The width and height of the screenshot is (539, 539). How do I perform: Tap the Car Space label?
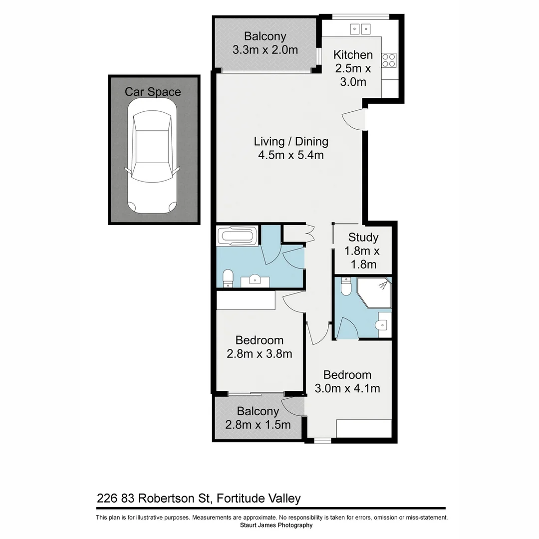(153, 92)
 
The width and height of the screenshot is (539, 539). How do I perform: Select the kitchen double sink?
(360, 29)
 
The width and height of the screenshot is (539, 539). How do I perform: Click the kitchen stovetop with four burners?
(389, 60)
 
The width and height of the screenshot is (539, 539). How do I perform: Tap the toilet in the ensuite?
(345, 286)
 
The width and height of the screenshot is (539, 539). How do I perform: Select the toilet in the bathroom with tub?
(228, 278)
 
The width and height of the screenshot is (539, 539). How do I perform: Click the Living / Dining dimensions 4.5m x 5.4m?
(291, 155)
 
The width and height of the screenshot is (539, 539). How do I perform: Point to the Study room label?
(363, 237)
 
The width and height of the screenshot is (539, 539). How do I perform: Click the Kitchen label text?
(353, 55)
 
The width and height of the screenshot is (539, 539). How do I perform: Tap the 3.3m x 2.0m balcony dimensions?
(265, 50)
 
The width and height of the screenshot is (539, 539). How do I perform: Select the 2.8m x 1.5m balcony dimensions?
(258, 425)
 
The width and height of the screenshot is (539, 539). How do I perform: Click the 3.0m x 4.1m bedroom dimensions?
(347, 388)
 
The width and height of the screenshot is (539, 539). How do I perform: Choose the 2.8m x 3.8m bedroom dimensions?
(259, 354)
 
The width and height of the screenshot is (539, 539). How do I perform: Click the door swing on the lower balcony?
(291, 406)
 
